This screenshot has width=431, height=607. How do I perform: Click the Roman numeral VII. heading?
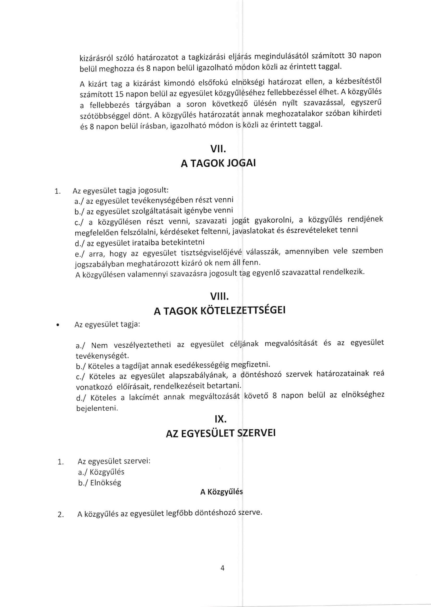(x=218, y=150)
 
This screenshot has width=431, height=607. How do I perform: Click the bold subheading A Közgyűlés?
(x=221, y=492)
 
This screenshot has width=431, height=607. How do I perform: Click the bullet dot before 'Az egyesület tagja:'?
(x=57, y=325)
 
